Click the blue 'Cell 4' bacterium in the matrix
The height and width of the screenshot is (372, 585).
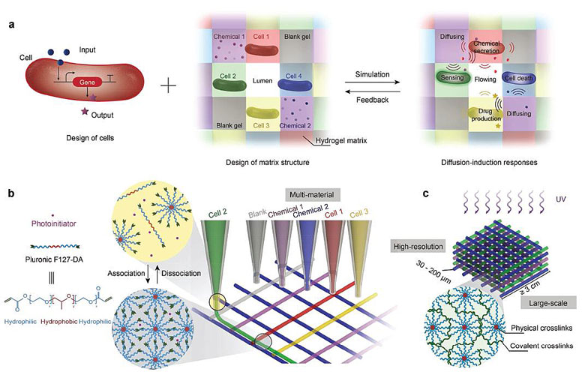(295, 83)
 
